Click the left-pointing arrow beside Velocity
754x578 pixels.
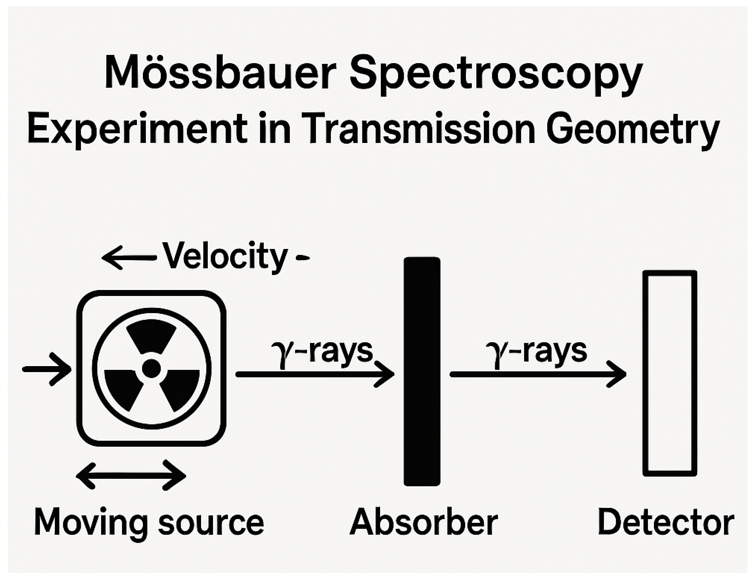point(129,257)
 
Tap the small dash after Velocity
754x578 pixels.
point(302,257)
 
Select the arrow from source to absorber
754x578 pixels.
point(315,374)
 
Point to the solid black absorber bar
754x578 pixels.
point(422,372)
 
